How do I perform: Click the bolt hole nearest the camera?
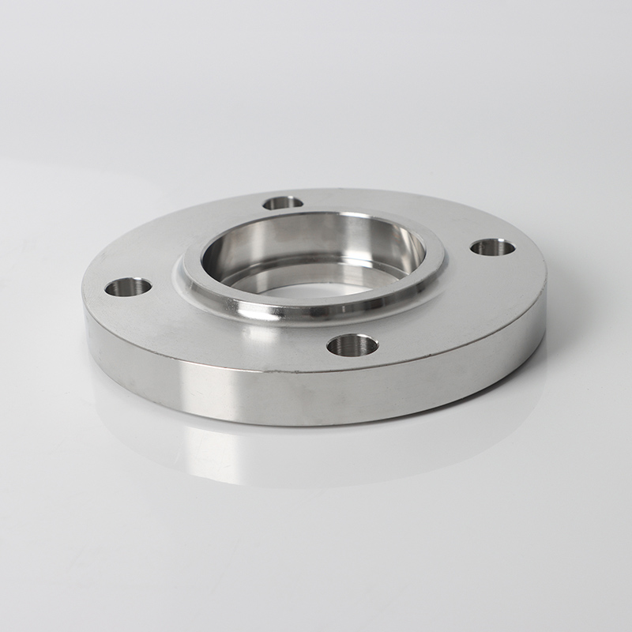coord(352,344)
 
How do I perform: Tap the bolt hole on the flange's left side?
coord(128,287)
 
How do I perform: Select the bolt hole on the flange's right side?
coord(493,247)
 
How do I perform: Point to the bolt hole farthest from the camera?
coord(283,203)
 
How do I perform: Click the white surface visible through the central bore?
coord(316,289)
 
